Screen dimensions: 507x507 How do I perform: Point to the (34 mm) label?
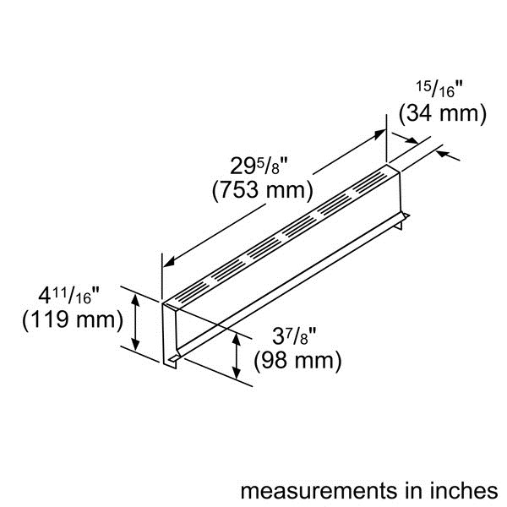(x=442, y=113)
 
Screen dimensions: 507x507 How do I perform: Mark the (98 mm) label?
(x=297, y=362)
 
